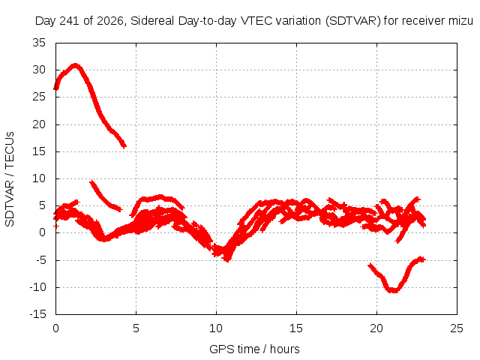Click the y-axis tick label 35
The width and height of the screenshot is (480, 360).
point(39,43)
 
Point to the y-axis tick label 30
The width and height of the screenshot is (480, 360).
point(39,70)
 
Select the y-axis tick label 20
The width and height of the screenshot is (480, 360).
point(39,124)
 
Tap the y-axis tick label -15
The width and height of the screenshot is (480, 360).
point(38,314)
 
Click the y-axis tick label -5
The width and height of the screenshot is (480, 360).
point(41,260)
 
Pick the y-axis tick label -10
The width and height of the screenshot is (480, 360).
point(38,287)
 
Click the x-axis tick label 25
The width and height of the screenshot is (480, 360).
point(457,328)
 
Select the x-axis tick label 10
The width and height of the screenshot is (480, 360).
point(216,328)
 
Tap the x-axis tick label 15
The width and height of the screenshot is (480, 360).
point(296,328)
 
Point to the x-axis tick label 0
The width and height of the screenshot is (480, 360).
point(55,328)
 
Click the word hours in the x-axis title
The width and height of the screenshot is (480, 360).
point(285,349)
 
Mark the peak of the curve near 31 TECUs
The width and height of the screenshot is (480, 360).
point(75,65)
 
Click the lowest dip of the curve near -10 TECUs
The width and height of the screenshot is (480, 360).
point(393,290)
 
